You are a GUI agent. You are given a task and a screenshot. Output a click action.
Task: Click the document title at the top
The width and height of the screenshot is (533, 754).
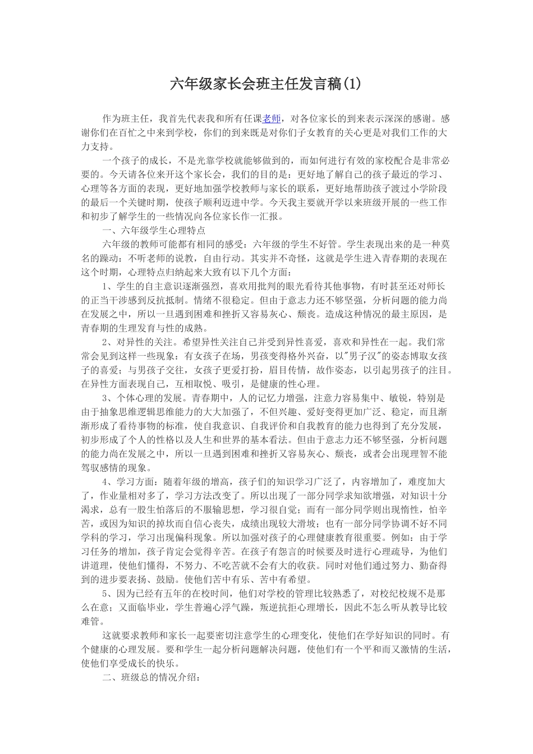pyautogui.click(x=265, y=84)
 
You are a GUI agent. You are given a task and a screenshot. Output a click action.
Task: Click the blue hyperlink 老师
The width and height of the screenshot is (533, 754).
pyautogui.click(x=272, y=118)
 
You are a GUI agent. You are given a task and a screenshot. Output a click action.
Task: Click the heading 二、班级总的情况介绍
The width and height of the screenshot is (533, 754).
pyautogui.click(x=151, y=677)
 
